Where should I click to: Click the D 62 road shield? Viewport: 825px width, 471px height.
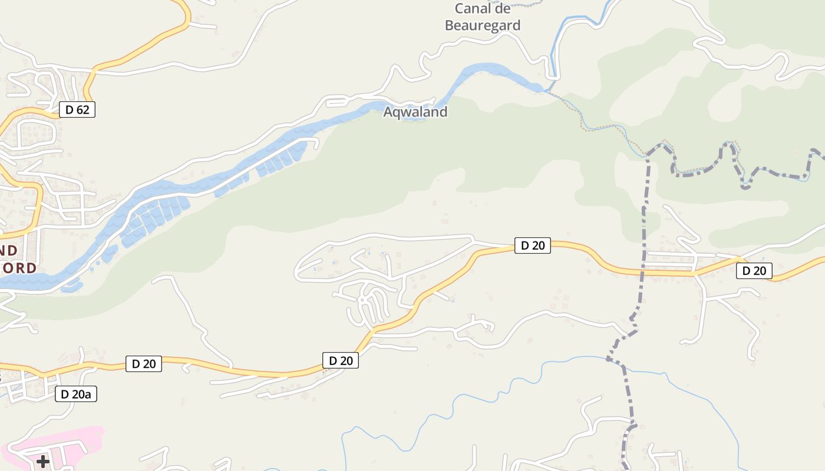click(x=77, y=110)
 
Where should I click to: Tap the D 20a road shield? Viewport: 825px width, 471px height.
click(x=76, y=394)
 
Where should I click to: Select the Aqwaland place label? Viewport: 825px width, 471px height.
click(x=415, y=112)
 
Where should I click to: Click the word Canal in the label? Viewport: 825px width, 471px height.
click(x=473, y=9)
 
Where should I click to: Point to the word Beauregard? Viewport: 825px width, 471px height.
click(x=483, y=25)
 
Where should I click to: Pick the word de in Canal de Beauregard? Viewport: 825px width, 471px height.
click(x=503, y=9)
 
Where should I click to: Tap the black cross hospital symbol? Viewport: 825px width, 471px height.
click(x=43, y=461)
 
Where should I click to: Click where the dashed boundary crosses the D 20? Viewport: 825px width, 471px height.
click(x=642, y=273)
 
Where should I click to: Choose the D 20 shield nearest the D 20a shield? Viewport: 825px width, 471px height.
click(x=144, y=364)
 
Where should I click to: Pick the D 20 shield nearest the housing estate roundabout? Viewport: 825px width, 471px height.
click(x=341, y=360)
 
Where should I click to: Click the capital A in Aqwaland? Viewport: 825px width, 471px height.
click(x=388, y=112)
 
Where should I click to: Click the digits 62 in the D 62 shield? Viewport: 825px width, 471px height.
click(x=83, y=110)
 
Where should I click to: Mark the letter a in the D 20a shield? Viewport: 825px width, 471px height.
click(x=88, y=394)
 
